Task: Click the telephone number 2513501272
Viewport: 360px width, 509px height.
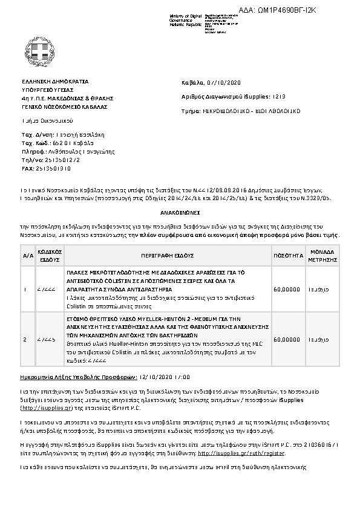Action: click(x=58, y=160)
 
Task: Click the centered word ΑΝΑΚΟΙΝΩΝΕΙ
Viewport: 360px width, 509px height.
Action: click(x=180, y=213)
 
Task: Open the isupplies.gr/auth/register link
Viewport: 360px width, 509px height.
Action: click(x=241, y=453)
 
